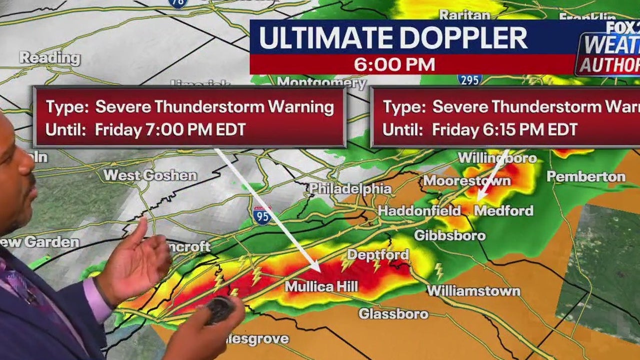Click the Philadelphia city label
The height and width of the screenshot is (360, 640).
tap(350, 189)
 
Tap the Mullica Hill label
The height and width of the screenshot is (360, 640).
tap(321, 286)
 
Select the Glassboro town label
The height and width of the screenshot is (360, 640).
tap(393, 314)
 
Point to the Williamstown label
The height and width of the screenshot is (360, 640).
tap(473, 290)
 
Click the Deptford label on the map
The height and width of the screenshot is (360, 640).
tap(378, 255)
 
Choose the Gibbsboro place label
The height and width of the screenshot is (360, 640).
tap(450, 235)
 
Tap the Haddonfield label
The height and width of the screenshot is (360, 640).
tap(419, 210)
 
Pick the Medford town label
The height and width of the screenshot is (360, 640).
tap(503, 210)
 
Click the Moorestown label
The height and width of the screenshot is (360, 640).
tap(467, 180)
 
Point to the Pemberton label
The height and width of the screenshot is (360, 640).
tap(586, 176)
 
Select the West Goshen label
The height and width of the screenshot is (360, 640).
tap(150, 175)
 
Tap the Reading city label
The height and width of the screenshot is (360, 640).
tap(49, 57)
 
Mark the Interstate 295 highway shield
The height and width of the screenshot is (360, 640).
tap(469, 79)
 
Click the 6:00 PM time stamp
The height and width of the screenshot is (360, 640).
tap(394, 64)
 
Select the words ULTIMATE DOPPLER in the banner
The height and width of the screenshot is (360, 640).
tap(393, 38)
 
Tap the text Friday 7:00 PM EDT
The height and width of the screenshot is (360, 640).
tap(170, 130)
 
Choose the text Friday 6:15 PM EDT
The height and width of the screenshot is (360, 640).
tap(505, 130)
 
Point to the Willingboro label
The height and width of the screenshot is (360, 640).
tap(497, 158)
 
